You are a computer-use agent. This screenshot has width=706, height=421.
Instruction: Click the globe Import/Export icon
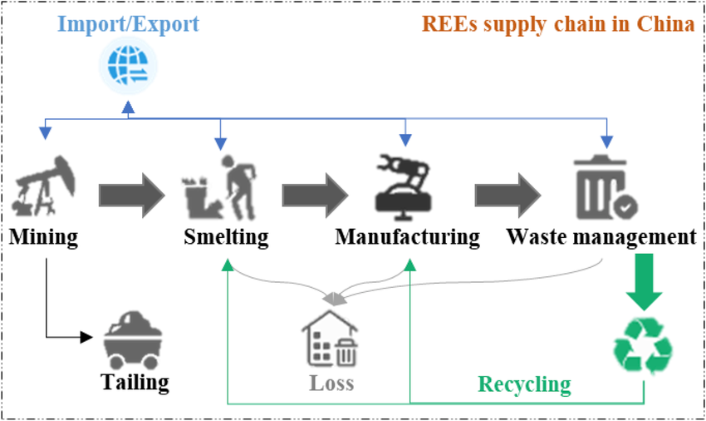pos(127,67)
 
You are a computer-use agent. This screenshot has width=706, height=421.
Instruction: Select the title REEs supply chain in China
pos(557,23)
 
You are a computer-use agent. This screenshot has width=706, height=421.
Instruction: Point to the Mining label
pos(44,236)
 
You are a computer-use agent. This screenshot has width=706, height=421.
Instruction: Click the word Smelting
pos(227,236)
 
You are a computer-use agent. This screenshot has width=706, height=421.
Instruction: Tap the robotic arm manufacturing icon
pos(404,184)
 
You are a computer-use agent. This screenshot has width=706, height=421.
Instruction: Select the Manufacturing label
pos(408,236)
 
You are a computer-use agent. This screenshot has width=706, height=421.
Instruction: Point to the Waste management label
pos(601,236)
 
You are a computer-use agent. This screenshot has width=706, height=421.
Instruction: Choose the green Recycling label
pos(524,384)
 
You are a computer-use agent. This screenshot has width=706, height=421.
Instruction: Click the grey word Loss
pos(331,384)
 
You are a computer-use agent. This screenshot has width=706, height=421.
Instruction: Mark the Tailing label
pos(135,382)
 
